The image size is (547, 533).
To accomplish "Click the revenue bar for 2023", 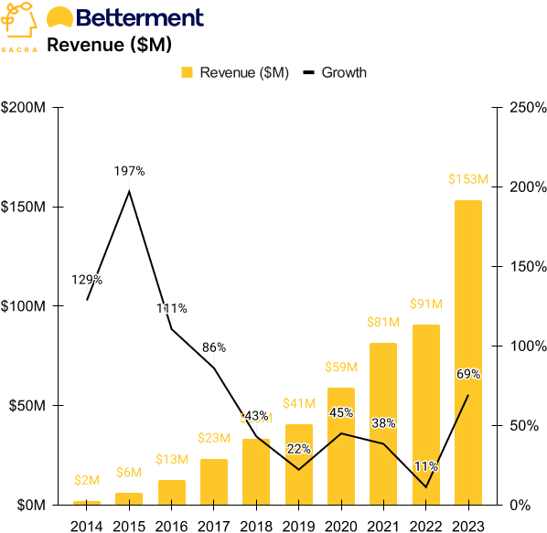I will pos(467,352).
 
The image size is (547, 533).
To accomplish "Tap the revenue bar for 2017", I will pos(213,481).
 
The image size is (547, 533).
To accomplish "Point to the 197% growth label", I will pos(129,171).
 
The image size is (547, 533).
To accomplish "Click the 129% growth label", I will pos(87,280).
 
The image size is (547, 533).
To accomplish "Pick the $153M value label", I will pos(467,179).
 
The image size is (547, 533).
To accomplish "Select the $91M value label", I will pos(425,304).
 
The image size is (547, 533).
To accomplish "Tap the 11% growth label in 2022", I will pos(425,466).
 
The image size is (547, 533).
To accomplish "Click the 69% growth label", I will pos(467,374).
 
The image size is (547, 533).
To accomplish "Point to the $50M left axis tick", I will pos(28,405).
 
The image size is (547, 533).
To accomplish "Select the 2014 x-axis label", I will pos(87,524).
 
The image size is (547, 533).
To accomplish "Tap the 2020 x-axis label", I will pos(340,524).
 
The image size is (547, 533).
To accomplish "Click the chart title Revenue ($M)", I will pos(109,44).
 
